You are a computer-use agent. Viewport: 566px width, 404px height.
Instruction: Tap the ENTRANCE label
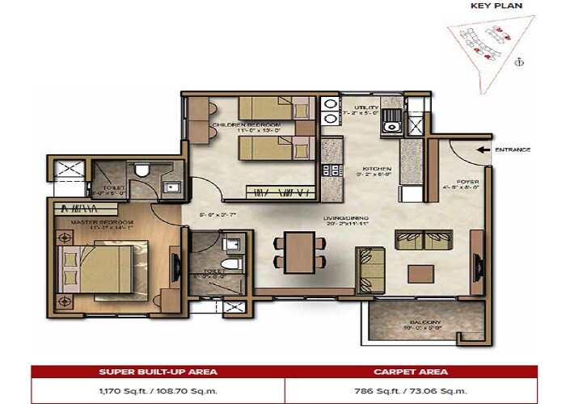[513, 149]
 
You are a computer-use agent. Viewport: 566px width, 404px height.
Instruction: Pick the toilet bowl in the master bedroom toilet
[141, 171]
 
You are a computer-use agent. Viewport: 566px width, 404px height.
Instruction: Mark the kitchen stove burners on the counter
[330, 170]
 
